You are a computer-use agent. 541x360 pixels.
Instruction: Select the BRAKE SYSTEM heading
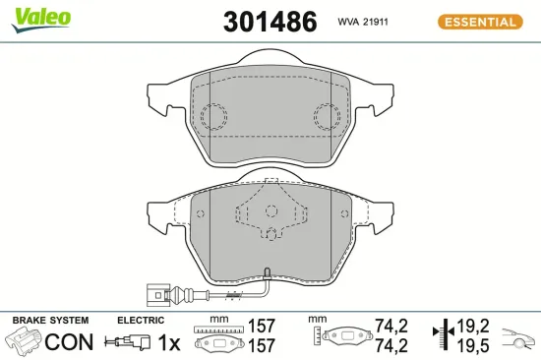pos(49,321)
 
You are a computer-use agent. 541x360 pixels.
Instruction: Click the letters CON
pos(71,342)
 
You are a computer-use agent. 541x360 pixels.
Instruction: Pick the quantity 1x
pos(170,342)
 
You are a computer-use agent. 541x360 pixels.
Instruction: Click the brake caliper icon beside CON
pos(27,342)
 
